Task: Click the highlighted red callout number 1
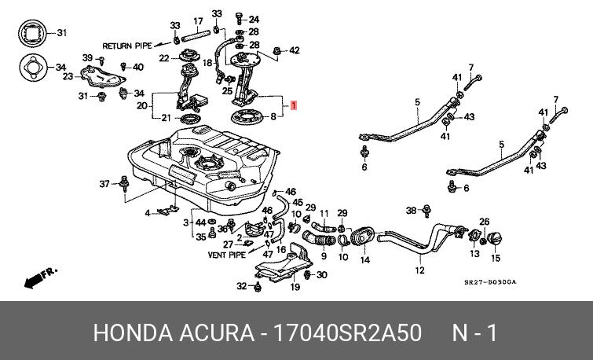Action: [294, 105]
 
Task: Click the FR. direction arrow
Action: [40, 277]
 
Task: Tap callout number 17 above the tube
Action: [199, 21]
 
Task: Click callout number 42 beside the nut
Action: [294, 51]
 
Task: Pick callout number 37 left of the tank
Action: [104, 184]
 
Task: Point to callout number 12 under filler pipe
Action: [419, 270]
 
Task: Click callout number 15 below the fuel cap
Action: [496, 258]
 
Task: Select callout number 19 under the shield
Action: [295, 287]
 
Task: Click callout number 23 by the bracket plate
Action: [68, 76]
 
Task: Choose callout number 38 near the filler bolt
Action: [411, 210]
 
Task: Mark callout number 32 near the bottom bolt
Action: [242, 286]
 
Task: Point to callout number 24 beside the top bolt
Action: [254, 19]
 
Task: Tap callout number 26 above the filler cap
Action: [485, 222]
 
